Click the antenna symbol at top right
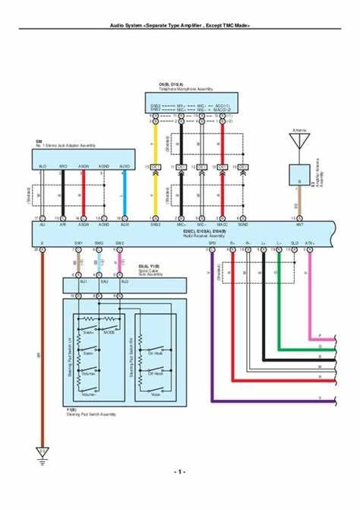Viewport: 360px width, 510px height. [298, 140]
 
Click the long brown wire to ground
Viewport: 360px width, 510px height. [42, 350]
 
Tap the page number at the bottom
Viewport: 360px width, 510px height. [179, 472]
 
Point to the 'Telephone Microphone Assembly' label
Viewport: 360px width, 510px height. [181, 88]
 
